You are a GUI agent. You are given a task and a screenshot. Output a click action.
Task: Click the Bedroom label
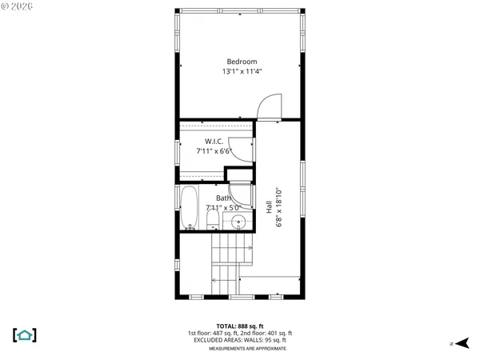(x=242, y=62)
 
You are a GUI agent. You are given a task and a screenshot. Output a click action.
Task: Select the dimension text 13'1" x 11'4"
(x=242, y=72)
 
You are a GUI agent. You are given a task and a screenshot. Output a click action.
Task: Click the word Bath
(x=223, y=198)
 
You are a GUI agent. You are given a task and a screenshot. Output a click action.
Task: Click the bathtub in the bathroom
(x=190, y=209)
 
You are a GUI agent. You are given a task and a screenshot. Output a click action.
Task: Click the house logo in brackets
(x=24, y=334)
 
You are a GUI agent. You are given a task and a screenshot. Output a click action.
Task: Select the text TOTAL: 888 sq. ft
(x=241, y=326)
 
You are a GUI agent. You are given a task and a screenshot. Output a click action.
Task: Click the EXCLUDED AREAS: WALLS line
(x=241, y=341)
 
